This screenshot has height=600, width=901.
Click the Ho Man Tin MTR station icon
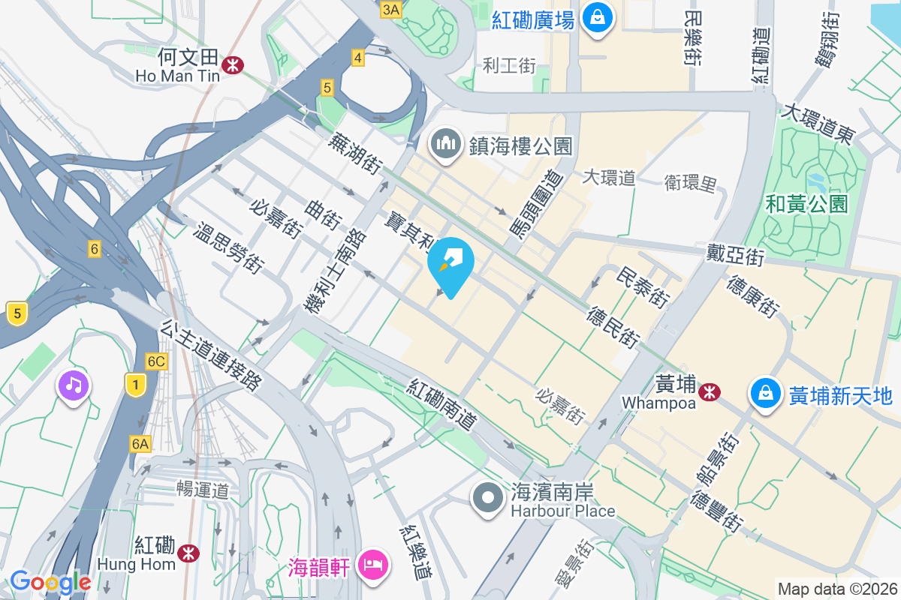click(233, 65)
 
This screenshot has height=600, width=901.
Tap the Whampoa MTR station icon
click(709, 391)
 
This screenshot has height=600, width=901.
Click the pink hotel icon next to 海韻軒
click(372, 563)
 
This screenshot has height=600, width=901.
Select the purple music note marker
click(73, 386)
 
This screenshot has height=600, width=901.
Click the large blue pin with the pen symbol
click(450, 264)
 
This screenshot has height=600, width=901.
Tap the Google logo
click(50, 582)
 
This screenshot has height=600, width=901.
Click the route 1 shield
click(135, 385)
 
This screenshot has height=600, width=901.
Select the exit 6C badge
click(156, 361)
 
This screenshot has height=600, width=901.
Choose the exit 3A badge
click(391, 9)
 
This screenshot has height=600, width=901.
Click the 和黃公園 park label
click(806, 203)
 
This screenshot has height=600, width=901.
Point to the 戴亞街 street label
click(735, 254)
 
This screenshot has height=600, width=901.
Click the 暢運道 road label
click(203, 490)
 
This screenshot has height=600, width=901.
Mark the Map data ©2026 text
click(837, 589)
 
